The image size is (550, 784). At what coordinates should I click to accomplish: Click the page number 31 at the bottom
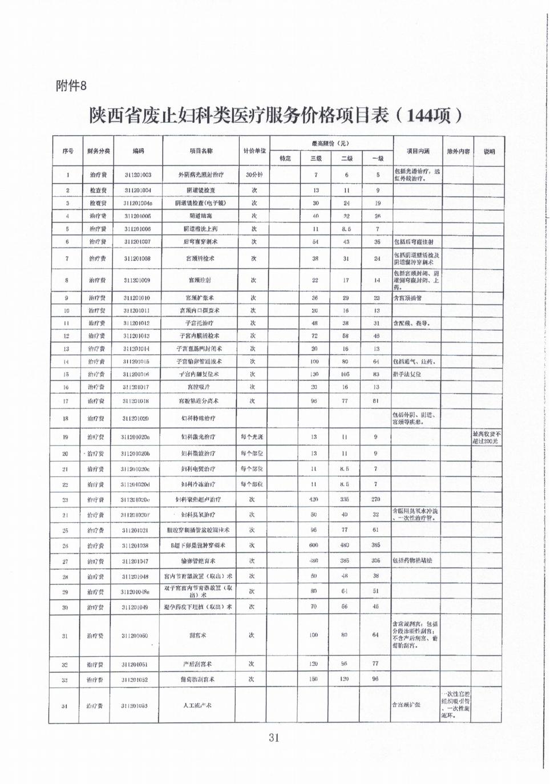[274, 738]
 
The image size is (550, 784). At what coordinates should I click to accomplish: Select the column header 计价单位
[254, 151]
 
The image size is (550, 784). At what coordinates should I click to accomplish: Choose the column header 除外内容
[458, 151]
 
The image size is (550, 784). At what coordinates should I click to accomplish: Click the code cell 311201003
[137, 175]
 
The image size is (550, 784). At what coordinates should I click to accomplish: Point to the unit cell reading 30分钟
[254, 175]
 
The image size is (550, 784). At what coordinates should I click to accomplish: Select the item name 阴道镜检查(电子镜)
[200, 203]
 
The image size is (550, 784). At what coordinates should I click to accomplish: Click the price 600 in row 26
[314, 545]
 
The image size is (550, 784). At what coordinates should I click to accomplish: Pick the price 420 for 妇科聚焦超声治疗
[314, 499]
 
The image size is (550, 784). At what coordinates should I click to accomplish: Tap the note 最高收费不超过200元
[487, 438]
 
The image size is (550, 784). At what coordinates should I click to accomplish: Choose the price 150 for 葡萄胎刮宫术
[314, 680]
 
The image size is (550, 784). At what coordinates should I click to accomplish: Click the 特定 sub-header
[285, 159]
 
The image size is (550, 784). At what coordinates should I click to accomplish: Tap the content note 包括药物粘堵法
[412, 561]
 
